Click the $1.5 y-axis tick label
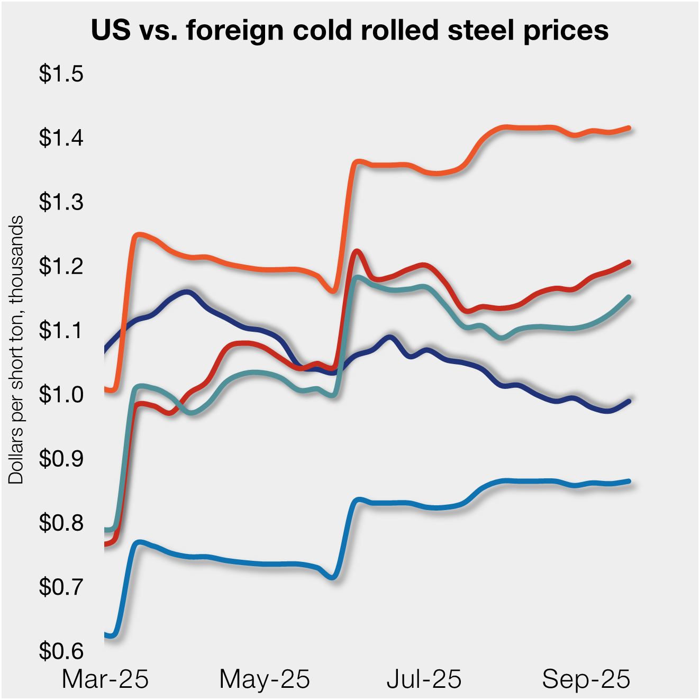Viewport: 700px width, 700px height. (61, 74)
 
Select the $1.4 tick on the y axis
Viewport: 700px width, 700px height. (61, 138)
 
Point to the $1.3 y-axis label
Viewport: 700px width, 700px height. (61, 202)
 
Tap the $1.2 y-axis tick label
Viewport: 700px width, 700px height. (61, 266)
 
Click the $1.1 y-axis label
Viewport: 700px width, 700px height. (61, 330)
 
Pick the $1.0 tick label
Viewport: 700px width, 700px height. (61, 394)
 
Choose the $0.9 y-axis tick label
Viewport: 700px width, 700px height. (61, 458)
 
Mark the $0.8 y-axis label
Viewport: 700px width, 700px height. (61, 523)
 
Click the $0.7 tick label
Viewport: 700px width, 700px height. (61, 587)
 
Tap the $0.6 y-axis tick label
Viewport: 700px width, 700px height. (61, 651)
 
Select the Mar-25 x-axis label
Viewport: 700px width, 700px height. (105, 679)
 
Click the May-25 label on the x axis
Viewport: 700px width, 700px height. (265, 679)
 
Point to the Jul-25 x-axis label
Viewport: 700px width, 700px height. (424, 679)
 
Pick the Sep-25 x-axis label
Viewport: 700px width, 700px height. (586, 679)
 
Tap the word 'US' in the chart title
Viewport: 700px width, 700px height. (111, 30)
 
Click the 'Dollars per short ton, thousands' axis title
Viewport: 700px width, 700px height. (16, 349)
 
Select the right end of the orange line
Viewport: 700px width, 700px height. (629, 128)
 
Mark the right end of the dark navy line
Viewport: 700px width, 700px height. (629, 401)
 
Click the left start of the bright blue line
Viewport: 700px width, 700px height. (106, 634)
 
